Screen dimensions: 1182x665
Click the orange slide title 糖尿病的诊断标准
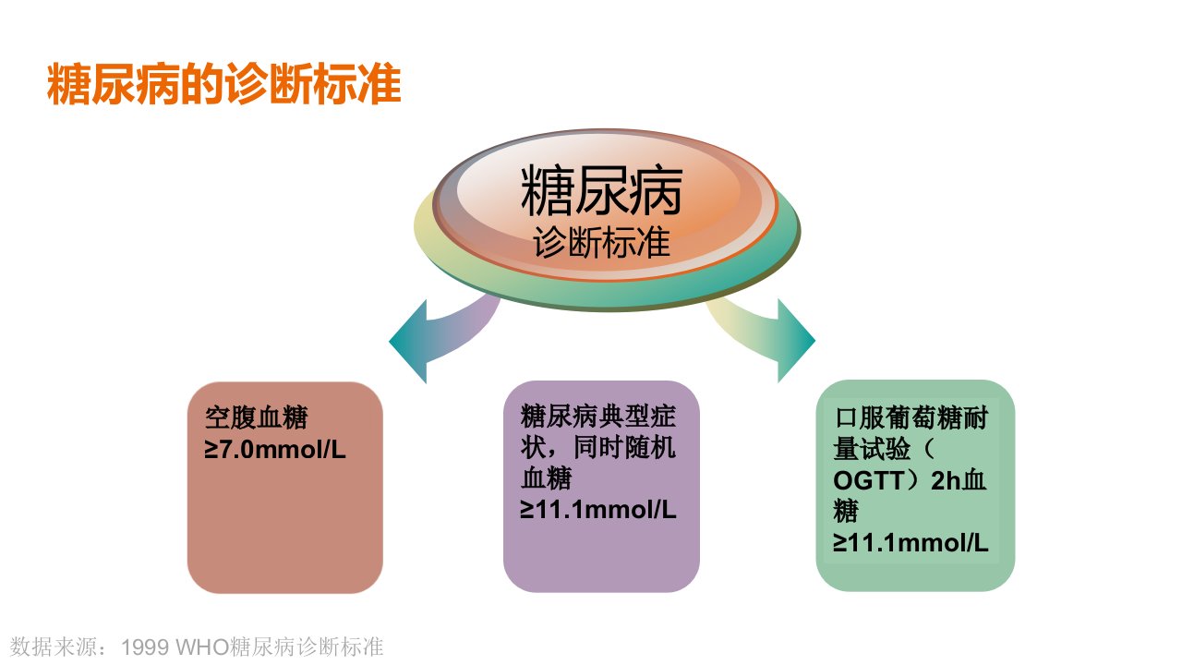coord(223,84)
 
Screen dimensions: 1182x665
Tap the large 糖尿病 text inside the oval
coord(601,190)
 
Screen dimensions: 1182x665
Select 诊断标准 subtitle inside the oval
coord(601,242)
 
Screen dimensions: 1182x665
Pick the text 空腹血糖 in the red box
coord(256,417)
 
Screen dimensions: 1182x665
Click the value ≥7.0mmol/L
coord(275,450)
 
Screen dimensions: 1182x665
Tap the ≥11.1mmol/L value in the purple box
coord(597,510)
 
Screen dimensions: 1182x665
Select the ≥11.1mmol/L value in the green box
coord(911,542)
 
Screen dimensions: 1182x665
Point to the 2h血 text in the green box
coord(959,480)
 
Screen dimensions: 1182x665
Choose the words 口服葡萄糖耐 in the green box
coord(911,418)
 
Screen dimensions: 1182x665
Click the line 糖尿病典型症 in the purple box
coord(597,417)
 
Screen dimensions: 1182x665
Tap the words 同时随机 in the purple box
coord(624,448)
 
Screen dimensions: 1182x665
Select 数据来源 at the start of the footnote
coord(54,647)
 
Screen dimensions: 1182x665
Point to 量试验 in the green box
coord(873,449)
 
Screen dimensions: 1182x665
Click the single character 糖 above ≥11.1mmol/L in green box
coord(847,511)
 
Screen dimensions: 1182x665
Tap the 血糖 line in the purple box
coord(546,478)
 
